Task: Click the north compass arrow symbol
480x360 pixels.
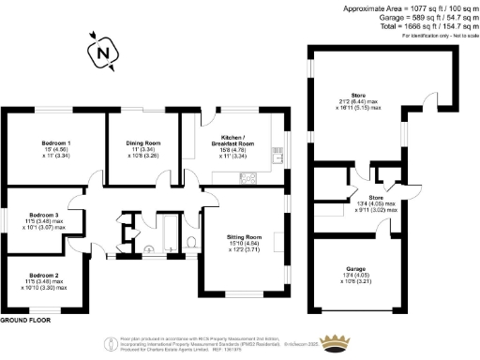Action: [x=101, y=53]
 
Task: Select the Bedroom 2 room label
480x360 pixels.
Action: [x=44, y=275]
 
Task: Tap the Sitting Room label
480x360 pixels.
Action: [x=243, y=240]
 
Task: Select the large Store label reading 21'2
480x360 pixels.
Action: [x=357, y=94]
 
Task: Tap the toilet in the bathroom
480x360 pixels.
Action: [x=190, y=243]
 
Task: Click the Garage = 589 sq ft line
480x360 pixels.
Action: [x=412, y=17]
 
